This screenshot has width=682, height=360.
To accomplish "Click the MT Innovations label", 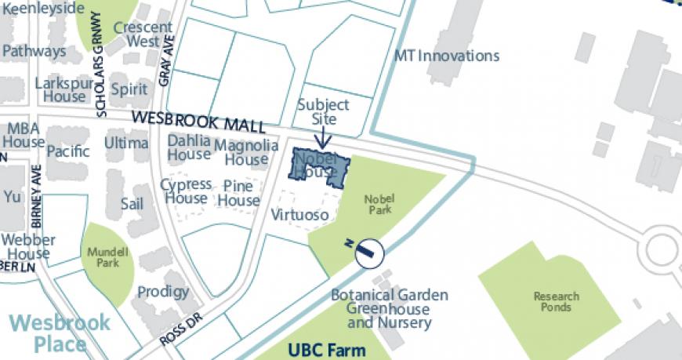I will coord(446,56).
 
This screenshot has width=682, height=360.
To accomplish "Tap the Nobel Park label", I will coord(379,204).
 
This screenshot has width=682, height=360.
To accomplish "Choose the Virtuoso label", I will coord(299,214).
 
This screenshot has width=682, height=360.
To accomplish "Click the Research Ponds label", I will coord(556,302).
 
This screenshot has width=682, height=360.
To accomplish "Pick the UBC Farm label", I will coord(322,349).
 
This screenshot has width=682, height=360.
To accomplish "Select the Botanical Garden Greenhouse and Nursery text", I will coord(390,308).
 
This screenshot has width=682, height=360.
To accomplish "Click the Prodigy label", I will coord(163,292).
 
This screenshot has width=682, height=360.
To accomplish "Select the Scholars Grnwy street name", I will coord(99,65).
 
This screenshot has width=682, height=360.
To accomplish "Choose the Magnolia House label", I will coord(246,152).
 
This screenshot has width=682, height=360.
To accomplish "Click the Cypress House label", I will coord(186,191).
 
